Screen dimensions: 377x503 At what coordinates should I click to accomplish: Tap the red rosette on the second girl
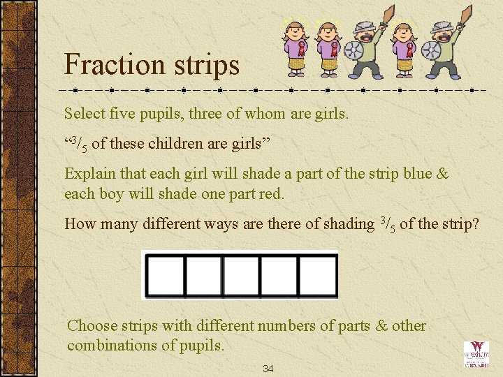pos(334,49)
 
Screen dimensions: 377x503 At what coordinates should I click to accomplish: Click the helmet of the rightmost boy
pos(442,29)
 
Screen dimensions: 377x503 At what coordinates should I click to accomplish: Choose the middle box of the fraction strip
pos(241,275)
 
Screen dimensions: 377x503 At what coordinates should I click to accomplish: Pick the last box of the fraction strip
pos(318,275)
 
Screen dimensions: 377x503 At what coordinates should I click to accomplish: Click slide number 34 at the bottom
pos(268,369)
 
